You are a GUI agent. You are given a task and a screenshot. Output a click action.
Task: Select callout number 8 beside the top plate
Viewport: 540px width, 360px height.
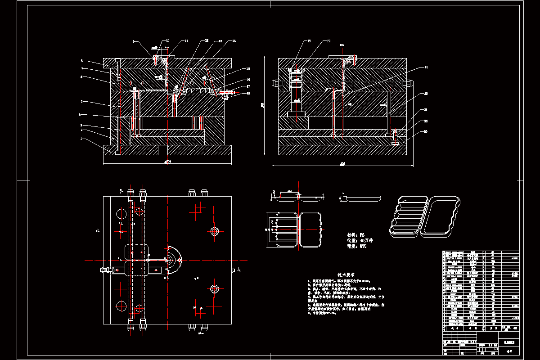(x=82, y=60)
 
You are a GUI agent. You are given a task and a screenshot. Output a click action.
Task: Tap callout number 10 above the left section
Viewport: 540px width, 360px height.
(x=168, y=41)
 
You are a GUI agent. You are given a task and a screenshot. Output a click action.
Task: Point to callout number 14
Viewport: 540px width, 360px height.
(x=234, y=41)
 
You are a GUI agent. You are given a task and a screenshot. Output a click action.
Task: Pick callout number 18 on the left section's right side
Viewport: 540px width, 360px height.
(x=248, y=93)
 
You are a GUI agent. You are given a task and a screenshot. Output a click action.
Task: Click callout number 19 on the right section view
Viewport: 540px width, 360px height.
(x=309, y=41)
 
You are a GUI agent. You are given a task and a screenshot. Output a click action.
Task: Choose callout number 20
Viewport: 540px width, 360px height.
(x=328, y=41)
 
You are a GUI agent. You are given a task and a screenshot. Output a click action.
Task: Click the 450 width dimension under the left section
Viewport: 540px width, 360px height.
(x=167, y=162)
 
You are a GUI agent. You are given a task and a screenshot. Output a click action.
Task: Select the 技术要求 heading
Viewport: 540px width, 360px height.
(x=346, y=274)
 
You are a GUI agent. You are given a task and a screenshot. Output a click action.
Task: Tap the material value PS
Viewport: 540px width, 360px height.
(x=362, y=235)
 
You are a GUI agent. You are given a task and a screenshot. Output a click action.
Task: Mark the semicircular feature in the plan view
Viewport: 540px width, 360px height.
(x=173, y=260)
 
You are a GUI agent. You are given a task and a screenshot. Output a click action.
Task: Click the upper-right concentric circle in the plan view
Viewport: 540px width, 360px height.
(x=214, y=231)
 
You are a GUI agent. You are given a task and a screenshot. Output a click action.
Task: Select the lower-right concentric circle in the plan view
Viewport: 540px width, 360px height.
(x=214, y=288)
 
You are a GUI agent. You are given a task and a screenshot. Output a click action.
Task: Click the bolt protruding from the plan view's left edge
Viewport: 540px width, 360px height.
(x=104, y=270)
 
